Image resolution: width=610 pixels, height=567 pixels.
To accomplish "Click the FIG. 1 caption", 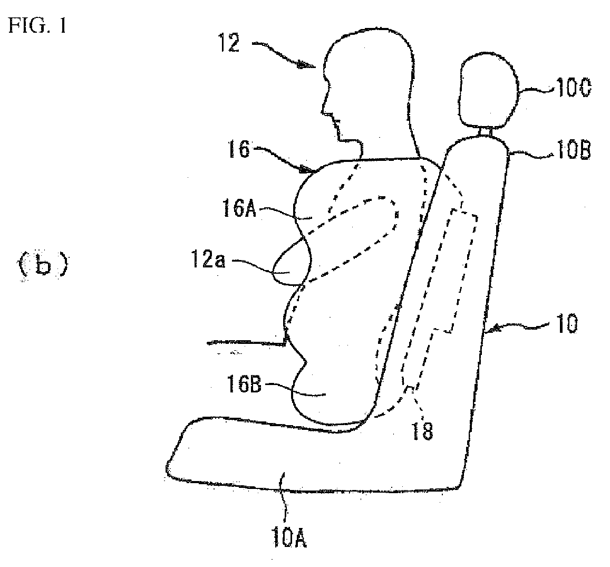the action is point(38,26).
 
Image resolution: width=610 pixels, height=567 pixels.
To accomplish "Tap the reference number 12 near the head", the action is point(229,43).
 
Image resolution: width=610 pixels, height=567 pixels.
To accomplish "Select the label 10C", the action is point(574,89).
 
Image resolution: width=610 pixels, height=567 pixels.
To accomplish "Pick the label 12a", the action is point(208,259).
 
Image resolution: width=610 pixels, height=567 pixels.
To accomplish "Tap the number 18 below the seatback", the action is point(422,431).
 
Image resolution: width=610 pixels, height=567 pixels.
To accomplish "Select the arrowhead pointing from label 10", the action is point(492,330).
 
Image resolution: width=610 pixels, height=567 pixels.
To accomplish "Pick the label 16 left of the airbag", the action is point(239,149).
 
